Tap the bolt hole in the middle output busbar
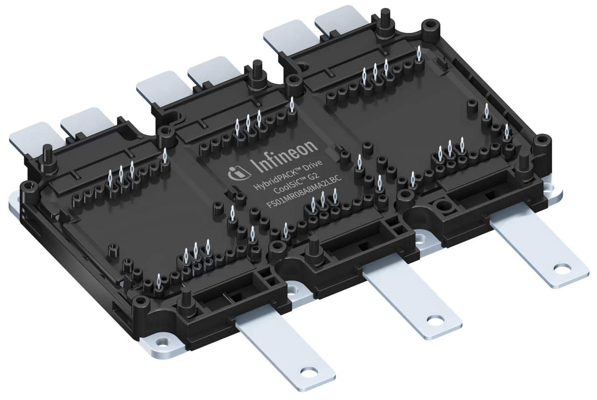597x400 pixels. (438, 321)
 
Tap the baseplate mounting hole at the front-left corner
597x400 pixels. (161, 342)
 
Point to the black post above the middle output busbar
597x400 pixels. (314, 247)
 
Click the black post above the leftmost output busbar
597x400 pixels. (186, 299)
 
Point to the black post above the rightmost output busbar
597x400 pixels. (523, 163)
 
